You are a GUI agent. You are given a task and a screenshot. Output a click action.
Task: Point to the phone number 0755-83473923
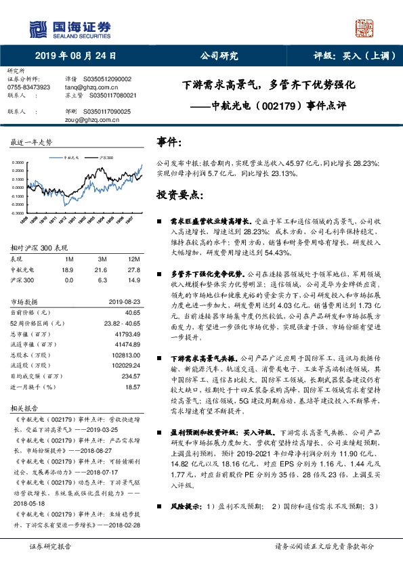tap(28, 87)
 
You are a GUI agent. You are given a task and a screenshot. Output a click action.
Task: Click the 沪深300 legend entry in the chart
tap(104, 156)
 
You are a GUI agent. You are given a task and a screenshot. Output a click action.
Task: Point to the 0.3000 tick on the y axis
tap(18, 162)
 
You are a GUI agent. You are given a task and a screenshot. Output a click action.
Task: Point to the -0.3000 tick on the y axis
tap(18, 213)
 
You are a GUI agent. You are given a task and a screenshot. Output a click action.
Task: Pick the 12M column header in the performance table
tap(133, 259)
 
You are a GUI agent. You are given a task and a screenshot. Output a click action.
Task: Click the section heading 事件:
tap(169, 141)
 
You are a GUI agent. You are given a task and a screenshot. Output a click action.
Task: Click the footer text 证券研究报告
tap(49, 565)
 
